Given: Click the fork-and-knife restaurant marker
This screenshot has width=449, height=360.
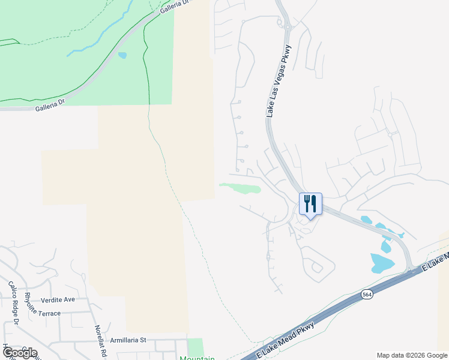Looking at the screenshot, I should click(310, 203).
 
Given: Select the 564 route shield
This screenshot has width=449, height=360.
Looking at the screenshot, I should click(367, 294).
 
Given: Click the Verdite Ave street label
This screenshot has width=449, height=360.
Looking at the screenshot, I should click(58, 299).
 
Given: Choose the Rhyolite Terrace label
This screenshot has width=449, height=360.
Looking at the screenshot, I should click(42, 313).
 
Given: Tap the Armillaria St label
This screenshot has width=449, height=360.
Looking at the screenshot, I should click(128, 340).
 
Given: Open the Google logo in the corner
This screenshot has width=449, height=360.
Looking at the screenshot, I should click(19, 352).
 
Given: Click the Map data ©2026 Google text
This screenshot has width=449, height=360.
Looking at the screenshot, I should click(411, 355).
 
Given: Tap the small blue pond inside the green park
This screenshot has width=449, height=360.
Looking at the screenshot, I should click(122, 55).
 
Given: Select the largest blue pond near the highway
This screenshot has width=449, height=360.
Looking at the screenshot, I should click(382, 262).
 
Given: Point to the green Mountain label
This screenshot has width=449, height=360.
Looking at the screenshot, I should click(197, 358).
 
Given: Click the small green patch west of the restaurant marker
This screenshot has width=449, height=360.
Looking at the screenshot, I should click(241, 188).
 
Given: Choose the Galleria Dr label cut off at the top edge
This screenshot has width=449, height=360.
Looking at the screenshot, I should click(174, 7).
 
